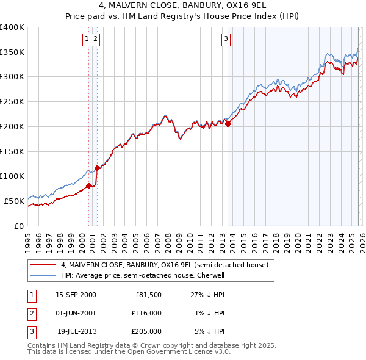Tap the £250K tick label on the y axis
[12, 101]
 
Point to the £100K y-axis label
[12, 176]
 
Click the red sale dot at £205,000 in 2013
[228, 124]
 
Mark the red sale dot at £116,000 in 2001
[97, 168]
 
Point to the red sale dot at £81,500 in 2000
[89, 185]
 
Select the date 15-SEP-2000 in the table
[76, 295]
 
